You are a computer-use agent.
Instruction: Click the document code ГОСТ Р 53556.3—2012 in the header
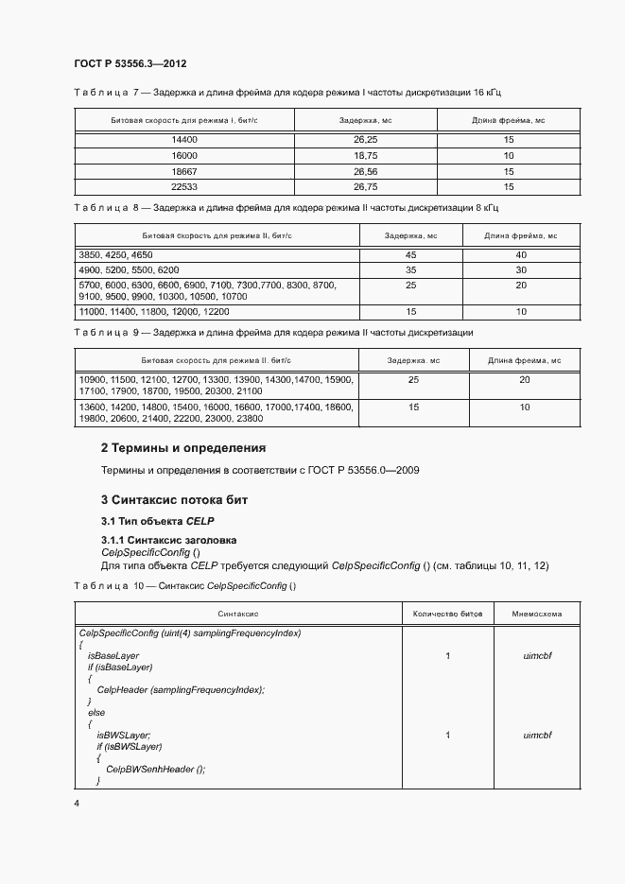click(x=130, y=63)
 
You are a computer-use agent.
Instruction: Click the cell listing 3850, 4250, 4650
click(x=116, y=255)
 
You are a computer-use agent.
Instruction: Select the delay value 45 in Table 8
click(x=410, y=255)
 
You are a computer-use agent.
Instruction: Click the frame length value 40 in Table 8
click(x=521, y=255)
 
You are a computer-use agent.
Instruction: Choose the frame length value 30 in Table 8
click(x=521, y=269)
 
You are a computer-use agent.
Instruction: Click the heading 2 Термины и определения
click(x=183, y=446)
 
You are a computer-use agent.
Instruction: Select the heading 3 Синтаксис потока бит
click(x=174, y=498)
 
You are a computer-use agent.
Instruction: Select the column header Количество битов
click(x=448, y=613)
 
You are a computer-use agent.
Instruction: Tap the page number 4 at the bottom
click(x=77, y=804)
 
